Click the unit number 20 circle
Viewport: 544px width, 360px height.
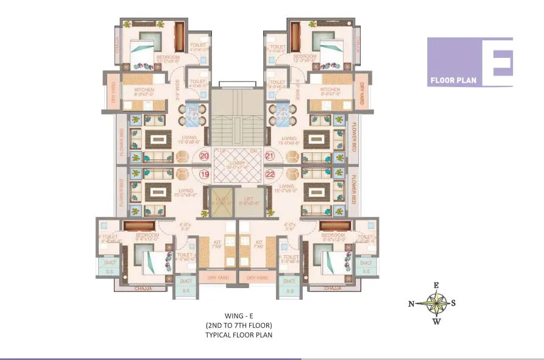(x=204, y=157)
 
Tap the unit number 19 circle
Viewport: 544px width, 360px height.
(x=204, y=174)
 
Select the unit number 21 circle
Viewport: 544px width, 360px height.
(x=270, y=157)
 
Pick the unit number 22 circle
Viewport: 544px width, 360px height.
(x=270, y=174)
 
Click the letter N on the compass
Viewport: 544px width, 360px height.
(x=412, y=303)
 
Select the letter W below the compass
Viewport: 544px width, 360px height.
(x=436, y=322)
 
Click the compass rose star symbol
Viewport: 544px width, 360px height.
(x=436, y=303)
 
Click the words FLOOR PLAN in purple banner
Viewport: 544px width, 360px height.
(x=453, y=79)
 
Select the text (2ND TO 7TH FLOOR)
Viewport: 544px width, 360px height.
(x=238, y=325)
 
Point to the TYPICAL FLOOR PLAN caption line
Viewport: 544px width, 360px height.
(x=238, y=334)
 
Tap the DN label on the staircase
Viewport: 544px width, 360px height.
(x=252, y=150)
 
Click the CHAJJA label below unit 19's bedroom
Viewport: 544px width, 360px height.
(x=143, y=288)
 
